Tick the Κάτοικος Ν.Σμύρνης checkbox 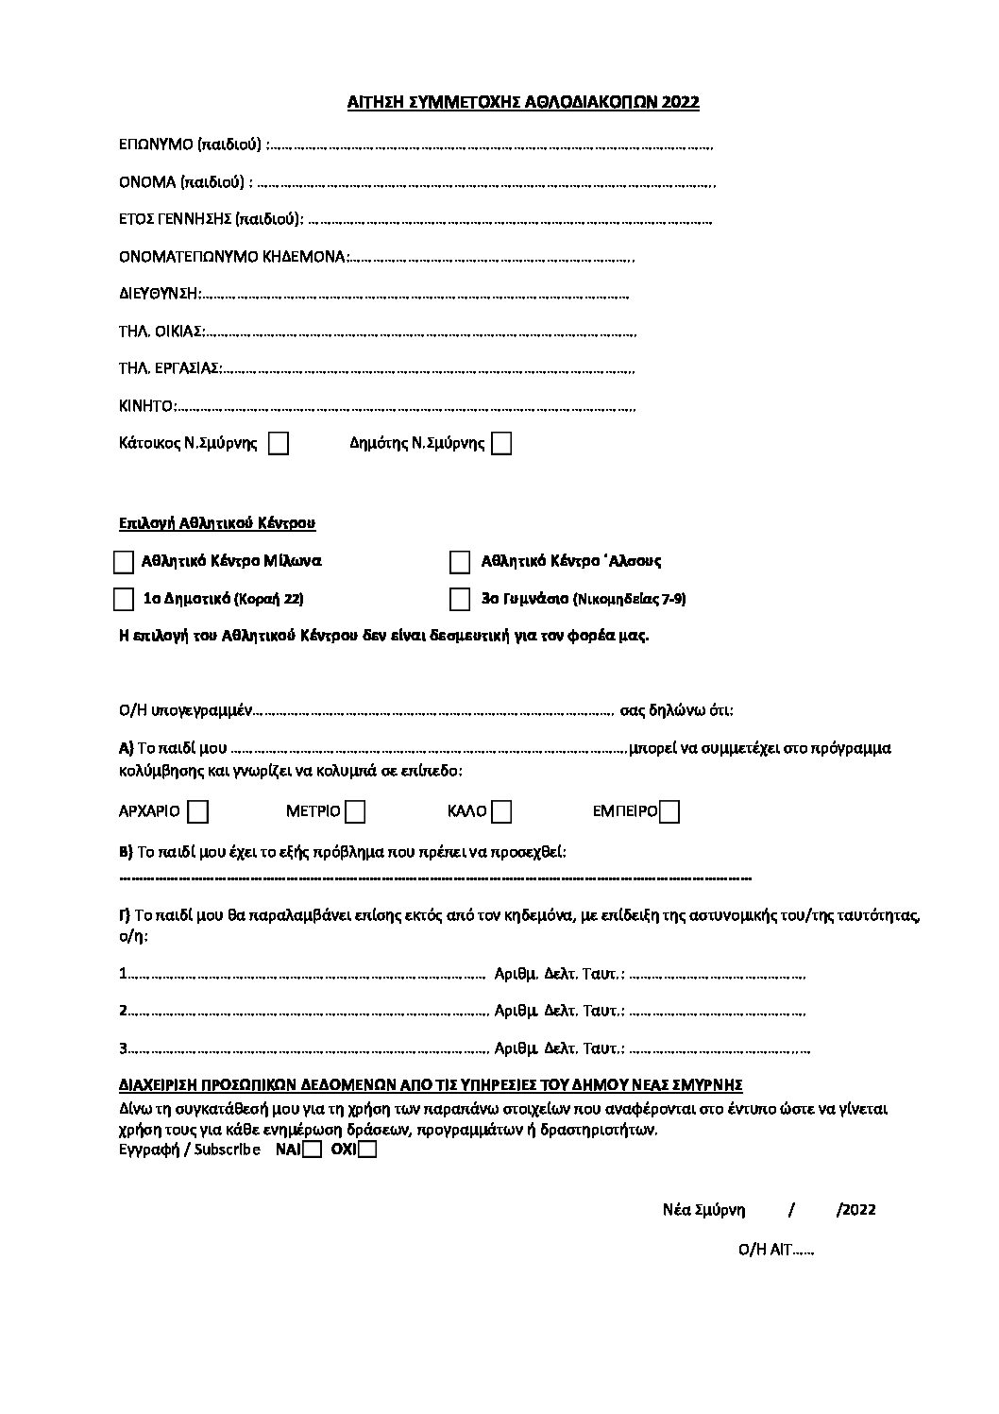click(x=279, y=444)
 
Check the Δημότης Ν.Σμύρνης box click(x=502, y=444)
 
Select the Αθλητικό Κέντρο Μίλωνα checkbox click(x=124, y=562)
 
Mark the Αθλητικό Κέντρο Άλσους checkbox click(x=460, y=562)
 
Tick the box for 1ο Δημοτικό click(x=124, y=600)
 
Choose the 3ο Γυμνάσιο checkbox click(x=460, y=600)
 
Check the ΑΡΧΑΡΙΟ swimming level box click(x=198, y=811)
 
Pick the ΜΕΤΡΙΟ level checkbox click(x=355, y=811)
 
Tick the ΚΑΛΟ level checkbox click(x=502, y=811)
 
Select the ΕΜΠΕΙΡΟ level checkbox click(x=669, y=811)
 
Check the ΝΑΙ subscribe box click(x=313, y=1150)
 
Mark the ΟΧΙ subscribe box click(x=367, y=1150)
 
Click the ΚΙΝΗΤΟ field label click(x=147, y=407)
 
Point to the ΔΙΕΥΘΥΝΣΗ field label click(x=160, y=294)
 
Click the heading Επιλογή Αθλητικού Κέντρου click(x=216, y=522)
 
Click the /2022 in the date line click(x=856, y=1210)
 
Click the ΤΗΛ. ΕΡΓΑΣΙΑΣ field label click(x=170, y=368)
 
